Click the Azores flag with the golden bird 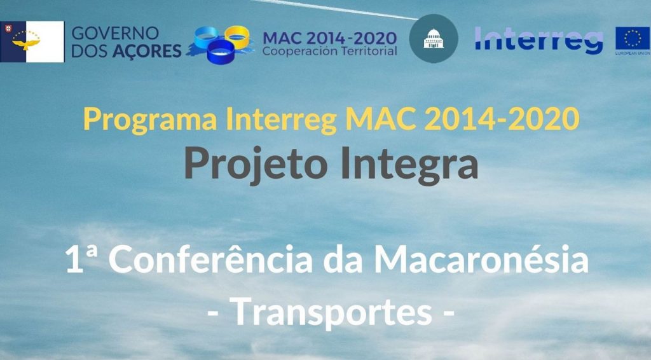click(x=32, y=41)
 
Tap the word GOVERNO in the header click(x=116, y=33)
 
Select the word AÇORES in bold click(x=147, y=51)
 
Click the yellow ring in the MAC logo click(x=238, y=36)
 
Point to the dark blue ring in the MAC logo click(x=221, y=52)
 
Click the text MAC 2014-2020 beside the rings click(x=330, y=38)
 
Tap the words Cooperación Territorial click(x=330, y=51)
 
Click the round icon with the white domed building click(x=434, y=39)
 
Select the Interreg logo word click(x=538, y=40)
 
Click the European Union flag click(x=633, y=40)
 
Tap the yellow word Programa click(x=150, y=120)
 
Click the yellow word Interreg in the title click(x=281, y=120)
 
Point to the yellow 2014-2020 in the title click(x=502, y=118)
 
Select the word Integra click(x=409, y=165)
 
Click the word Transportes click(x=331, y=311)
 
